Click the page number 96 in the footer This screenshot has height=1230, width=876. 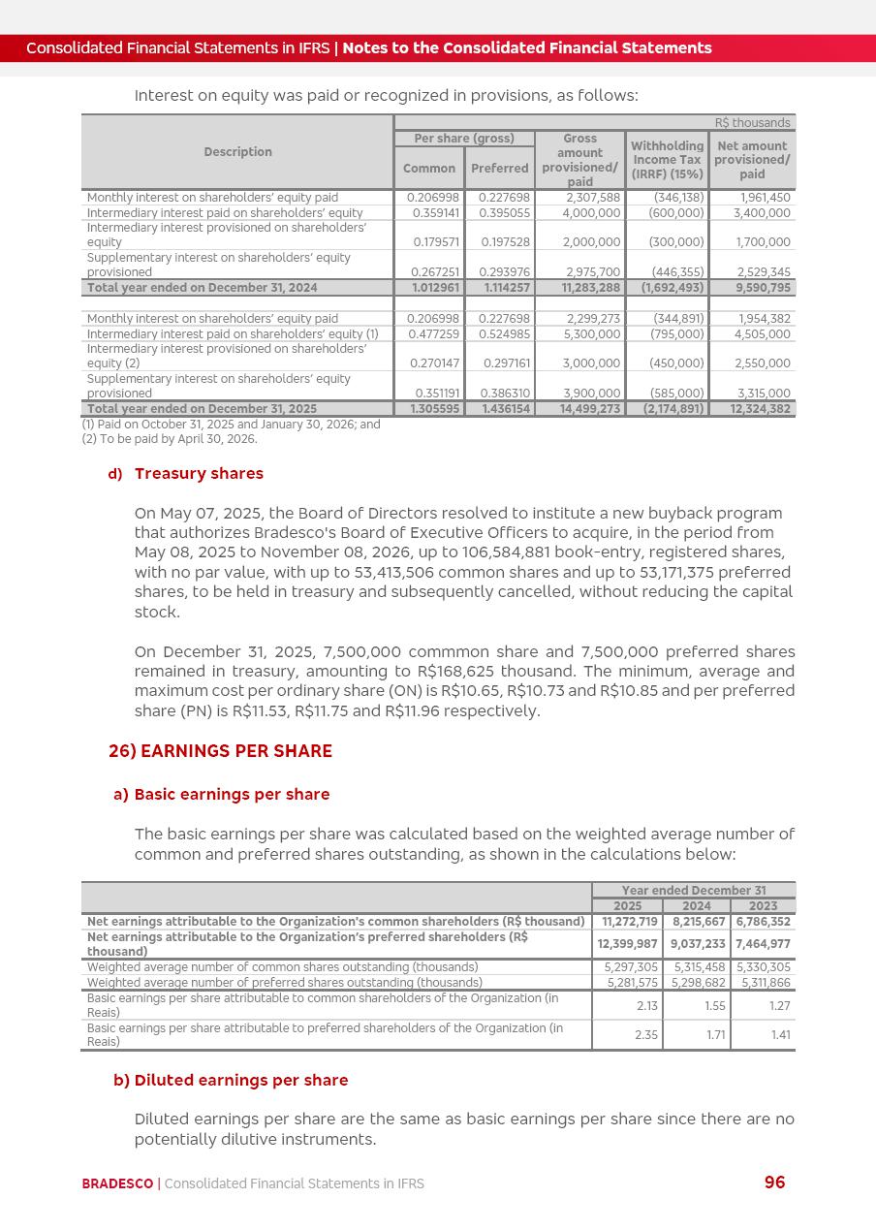[774, 1182]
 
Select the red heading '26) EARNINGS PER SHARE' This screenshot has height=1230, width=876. [220, 751]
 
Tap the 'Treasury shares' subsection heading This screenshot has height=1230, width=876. [199, 473]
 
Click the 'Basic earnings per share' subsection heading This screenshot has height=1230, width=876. [232, 794]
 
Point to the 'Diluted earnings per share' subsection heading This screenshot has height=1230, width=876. [241, 1080]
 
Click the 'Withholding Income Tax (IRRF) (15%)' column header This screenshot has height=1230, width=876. [668, 159]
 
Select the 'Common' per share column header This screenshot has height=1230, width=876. [429, 168]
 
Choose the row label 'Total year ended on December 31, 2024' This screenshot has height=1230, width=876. [203, 288]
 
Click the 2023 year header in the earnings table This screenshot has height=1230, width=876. [763, 906]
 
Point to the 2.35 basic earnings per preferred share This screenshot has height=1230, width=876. [646, 1034]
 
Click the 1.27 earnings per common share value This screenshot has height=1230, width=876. [779, 1005]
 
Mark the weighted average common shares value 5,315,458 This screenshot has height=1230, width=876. [699, 967]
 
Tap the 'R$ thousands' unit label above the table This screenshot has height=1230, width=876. [753, 123]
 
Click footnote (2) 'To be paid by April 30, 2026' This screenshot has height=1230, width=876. [170, 439]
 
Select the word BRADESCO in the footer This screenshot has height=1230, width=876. [117, 1183]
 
